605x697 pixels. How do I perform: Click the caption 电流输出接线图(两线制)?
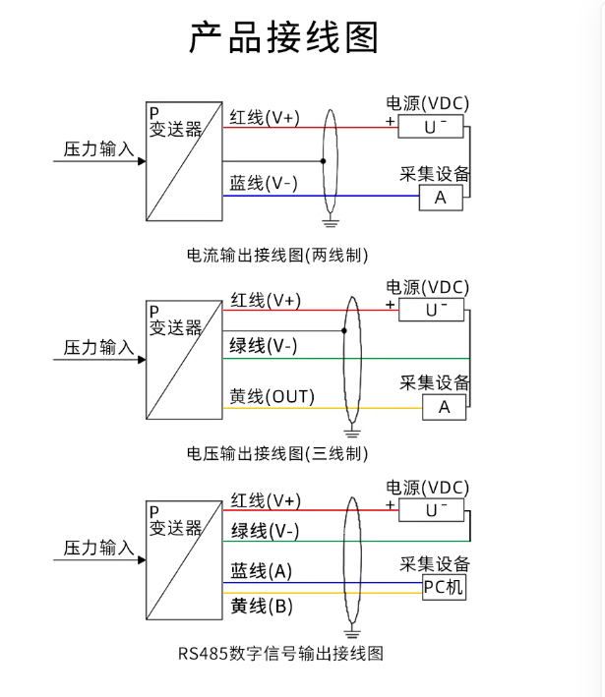[x=278, y=255]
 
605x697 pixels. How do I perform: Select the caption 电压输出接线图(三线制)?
[x=278, y=453]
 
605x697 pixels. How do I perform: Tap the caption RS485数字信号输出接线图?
[x=280, y=653]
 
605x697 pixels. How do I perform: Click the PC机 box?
[x=444, y=588]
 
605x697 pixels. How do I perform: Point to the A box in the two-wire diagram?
[x=441, y=198]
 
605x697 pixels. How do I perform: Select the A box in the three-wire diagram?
[x=444, y=407]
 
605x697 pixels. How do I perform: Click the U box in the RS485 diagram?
[x=434, y=510]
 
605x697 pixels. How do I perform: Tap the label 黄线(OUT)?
[x=272, y=397]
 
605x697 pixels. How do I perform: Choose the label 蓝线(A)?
[x=262, y=571]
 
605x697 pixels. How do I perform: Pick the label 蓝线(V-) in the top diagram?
[x=264, y=184]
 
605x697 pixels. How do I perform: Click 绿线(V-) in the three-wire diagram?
[x=264, y=346]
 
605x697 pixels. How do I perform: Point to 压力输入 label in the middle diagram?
[x=98, y=348]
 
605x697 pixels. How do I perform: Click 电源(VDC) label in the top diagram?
[x=428, y=103]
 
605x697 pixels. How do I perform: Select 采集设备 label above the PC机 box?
[x=435, y=563]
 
